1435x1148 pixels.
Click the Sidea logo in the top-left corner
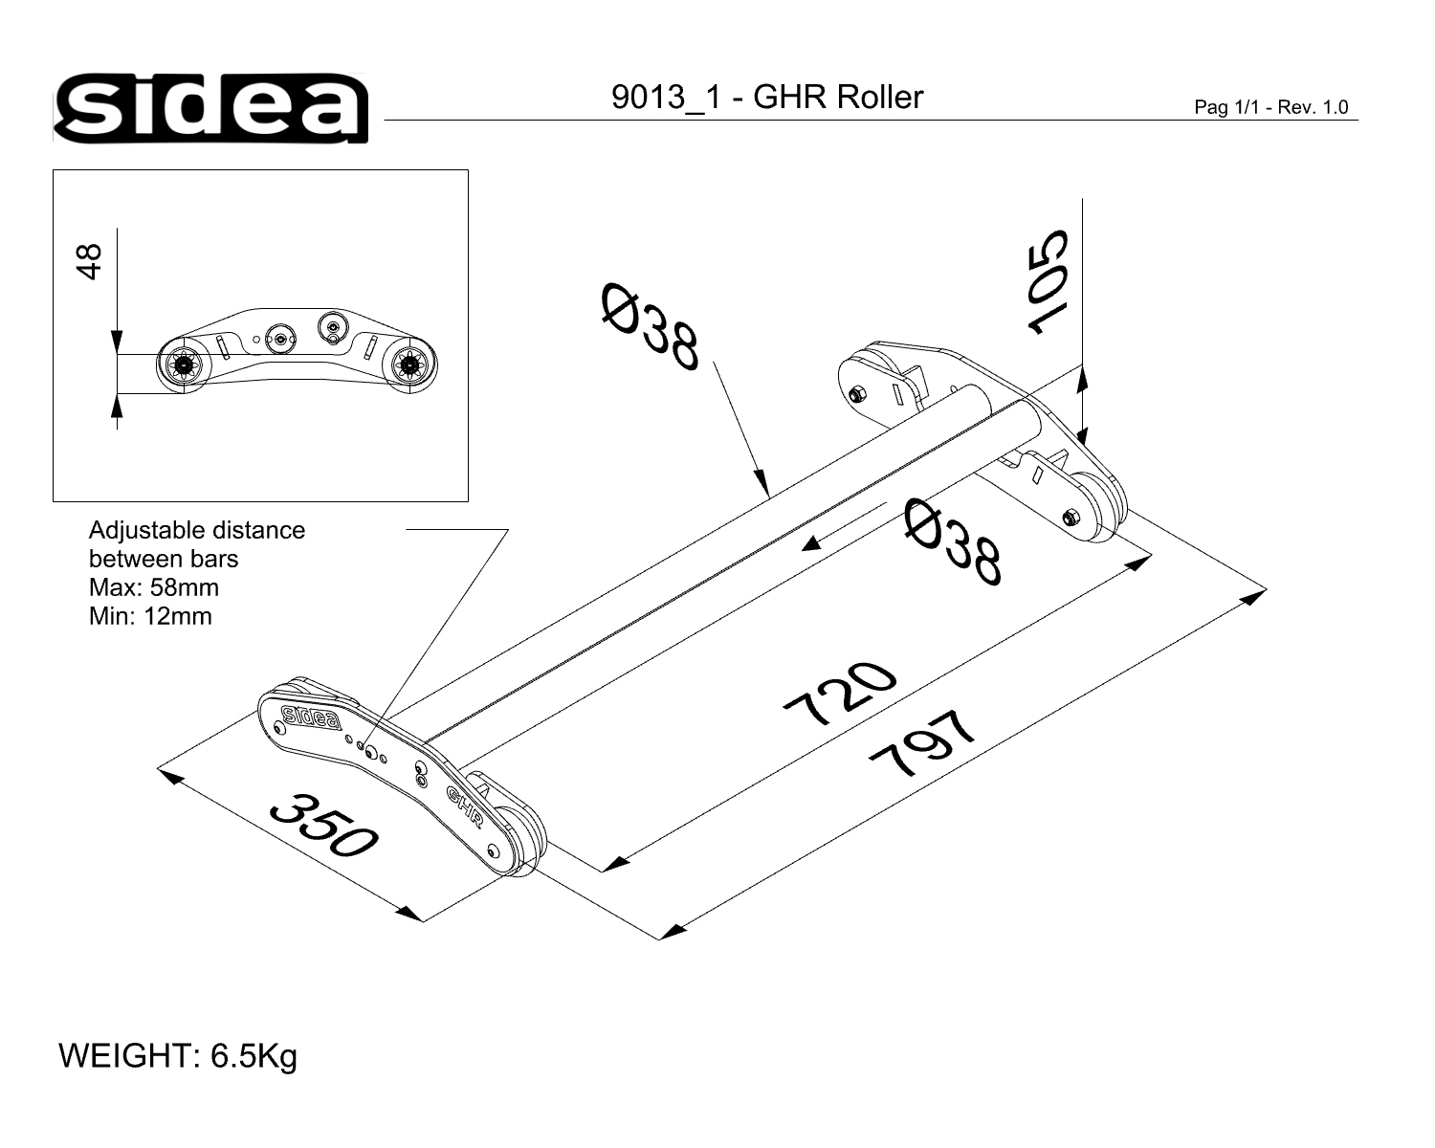[x=210, y=107]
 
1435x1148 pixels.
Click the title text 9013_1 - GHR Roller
[x=767, y=98]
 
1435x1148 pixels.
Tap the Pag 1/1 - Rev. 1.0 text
[x=1270, y=107]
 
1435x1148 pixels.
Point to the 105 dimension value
[x=1048, y=281]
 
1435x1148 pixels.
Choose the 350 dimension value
[x=323, y=825]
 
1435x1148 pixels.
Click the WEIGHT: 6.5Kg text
[x=178, y=1056]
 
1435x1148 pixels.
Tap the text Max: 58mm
[x=153, y=587]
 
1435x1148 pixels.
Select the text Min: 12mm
[x=150, y=616]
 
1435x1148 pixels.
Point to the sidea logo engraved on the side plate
[x=311, y=717]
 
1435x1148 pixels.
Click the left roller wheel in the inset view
[x=180, y=364]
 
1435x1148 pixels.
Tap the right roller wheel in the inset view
[x=411, y=364]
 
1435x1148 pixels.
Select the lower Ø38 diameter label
[x=955, y=541]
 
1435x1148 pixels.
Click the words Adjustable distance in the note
[x=197, y=530]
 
